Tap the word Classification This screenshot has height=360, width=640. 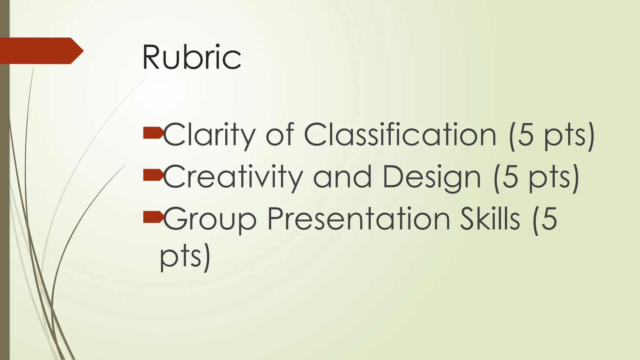(x=400, y=135)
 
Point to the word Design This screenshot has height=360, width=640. (x=432, y=177)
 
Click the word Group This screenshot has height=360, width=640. (x=210, y=219)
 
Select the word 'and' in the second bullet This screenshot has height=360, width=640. (x=342, y=177)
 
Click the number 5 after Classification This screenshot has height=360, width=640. (x=525, y=135)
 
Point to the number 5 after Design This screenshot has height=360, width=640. (x=510, y=177)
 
